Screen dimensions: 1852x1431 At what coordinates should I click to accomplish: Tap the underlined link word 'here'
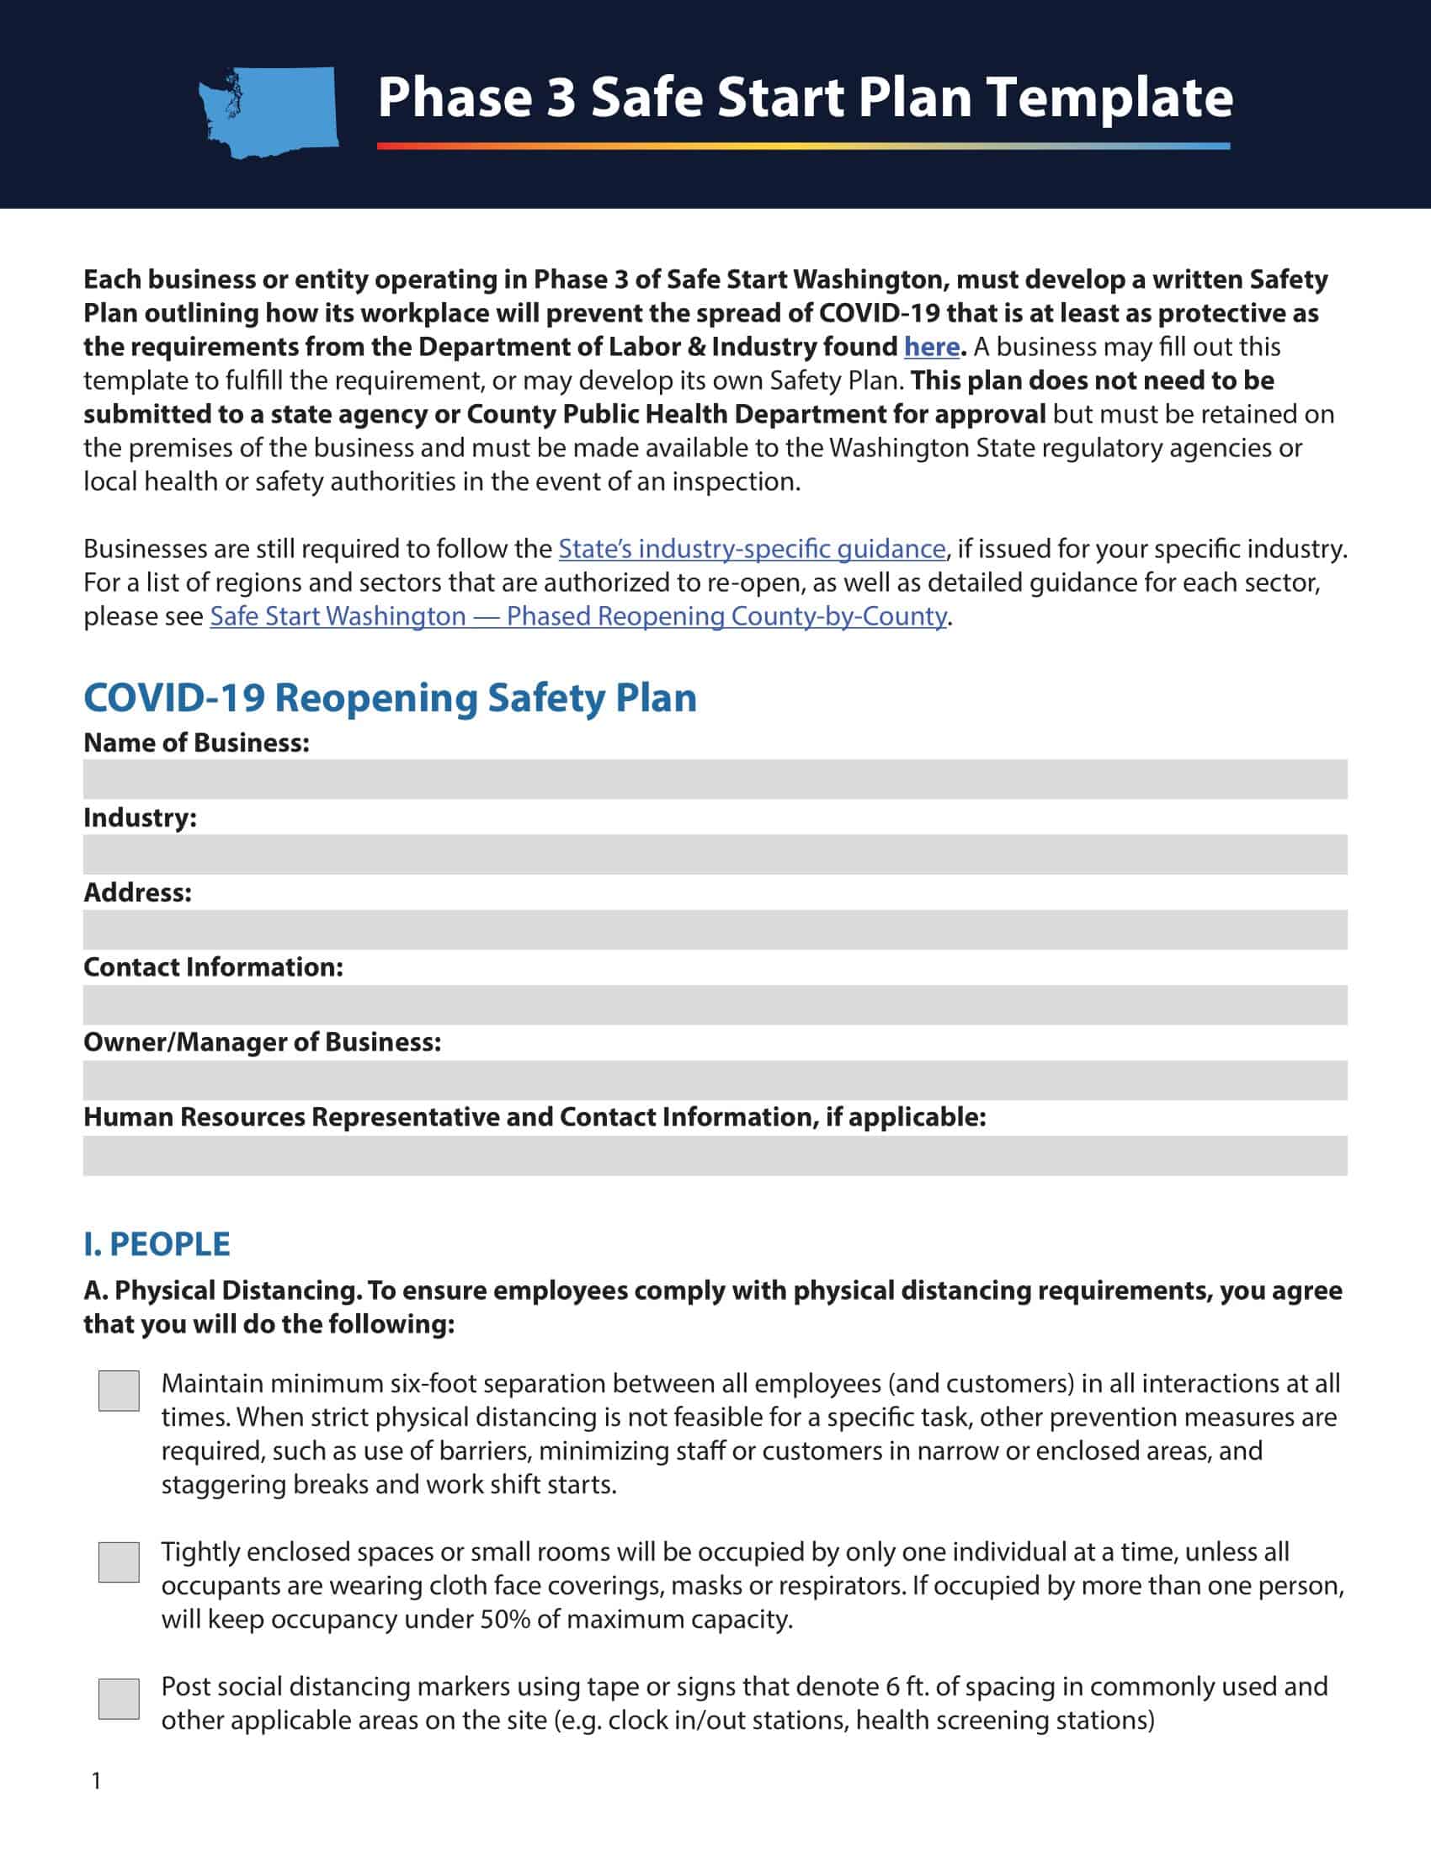coord(931,347)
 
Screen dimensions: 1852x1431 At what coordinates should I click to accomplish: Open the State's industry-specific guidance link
coord(751,549)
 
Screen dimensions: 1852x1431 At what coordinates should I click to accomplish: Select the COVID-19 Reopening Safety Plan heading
coord(390,698)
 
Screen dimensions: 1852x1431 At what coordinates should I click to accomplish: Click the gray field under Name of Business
coord(715,780)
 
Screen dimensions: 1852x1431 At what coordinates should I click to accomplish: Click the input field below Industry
coord(715,854)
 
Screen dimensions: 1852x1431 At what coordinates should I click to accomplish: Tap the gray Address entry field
coord(715,929)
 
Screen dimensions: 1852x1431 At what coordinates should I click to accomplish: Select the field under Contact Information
coord(715,1005)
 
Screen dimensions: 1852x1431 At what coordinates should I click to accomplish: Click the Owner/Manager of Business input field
coord(715,1079)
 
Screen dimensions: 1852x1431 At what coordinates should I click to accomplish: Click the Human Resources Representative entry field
coord(715,1155)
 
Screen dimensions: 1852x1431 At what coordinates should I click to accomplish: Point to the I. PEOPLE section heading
coord(157,1244)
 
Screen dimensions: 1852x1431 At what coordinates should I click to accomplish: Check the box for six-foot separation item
coord(119,1391)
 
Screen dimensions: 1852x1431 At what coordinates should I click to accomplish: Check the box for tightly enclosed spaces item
coord(119,1562)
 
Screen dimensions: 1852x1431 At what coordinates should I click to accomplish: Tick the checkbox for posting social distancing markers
coord(119,1698)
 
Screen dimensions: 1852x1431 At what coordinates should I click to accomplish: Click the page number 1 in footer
coord(96,1780)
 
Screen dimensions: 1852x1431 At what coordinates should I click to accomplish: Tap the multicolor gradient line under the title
coord(803,146)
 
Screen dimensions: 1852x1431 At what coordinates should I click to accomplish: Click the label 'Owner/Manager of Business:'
coord(262,1042)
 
